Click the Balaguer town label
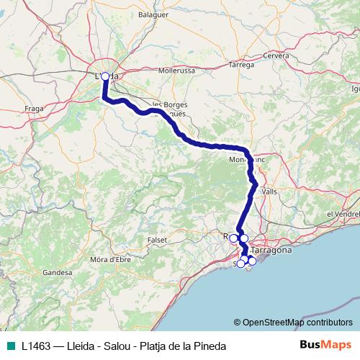(x=174, y=13)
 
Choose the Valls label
(x=270, y=192)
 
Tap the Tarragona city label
(x=271, y=250)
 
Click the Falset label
(x=158, y=239)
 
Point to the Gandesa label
(x=58, y=273)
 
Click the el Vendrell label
(x=342, y=214)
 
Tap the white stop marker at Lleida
(x=105, y=76)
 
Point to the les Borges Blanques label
(x=170, y=109)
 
